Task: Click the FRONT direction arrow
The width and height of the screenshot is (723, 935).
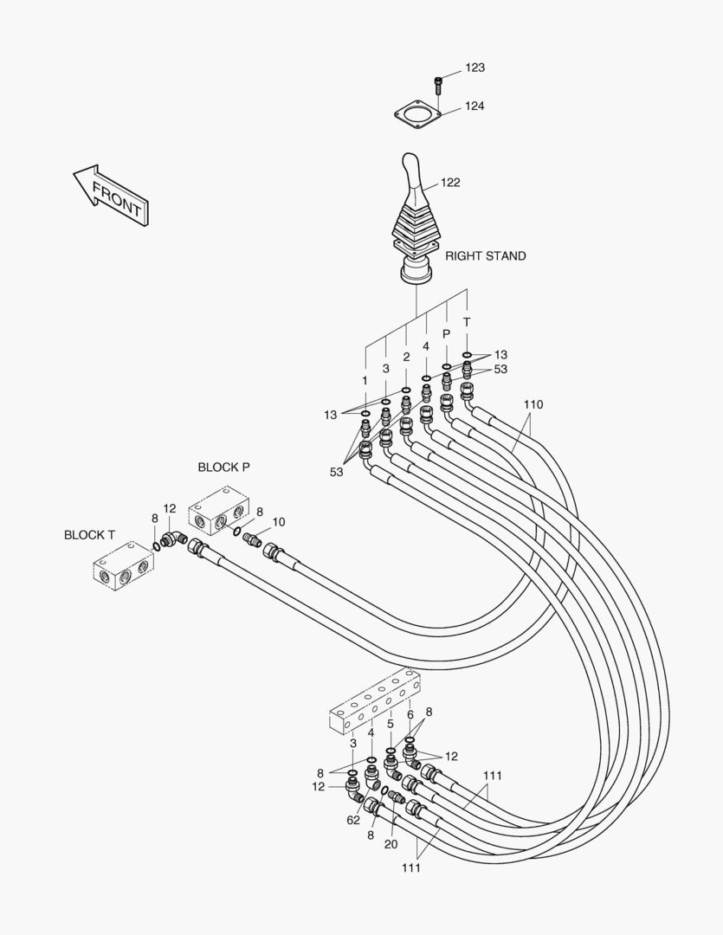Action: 112,195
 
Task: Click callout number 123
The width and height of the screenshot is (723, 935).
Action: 474,68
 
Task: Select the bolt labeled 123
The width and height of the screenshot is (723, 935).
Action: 438,85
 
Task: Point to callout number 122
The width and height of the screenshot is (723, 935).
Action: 450,183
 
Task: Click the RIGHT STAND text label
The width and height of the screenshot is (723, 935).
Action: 486,255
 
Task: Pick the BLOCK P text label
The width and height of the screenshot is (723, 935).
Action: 223,467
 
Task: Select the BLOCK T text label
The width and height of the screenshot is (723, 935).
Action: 89,535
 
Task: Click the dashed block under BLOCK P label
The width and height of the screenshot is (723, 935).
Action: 219,509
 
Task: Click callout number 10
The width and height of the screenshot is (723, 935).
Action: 279,522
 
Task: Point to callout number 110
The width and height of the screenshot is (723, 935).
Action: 533,405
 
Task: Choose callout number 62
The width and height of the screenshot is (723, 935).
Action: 353,820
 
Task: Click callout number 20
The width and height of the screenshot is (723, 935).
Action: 391,844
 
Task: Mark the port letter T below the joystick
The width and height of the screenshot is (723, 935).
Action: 467,322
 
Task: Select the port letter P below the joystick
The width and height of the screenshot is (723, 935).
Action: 446,334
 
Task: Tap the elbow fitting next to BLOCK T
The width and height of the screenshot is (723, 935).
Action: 173,539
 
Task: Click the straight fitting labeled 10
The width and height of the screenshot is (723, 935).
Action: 253,538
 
